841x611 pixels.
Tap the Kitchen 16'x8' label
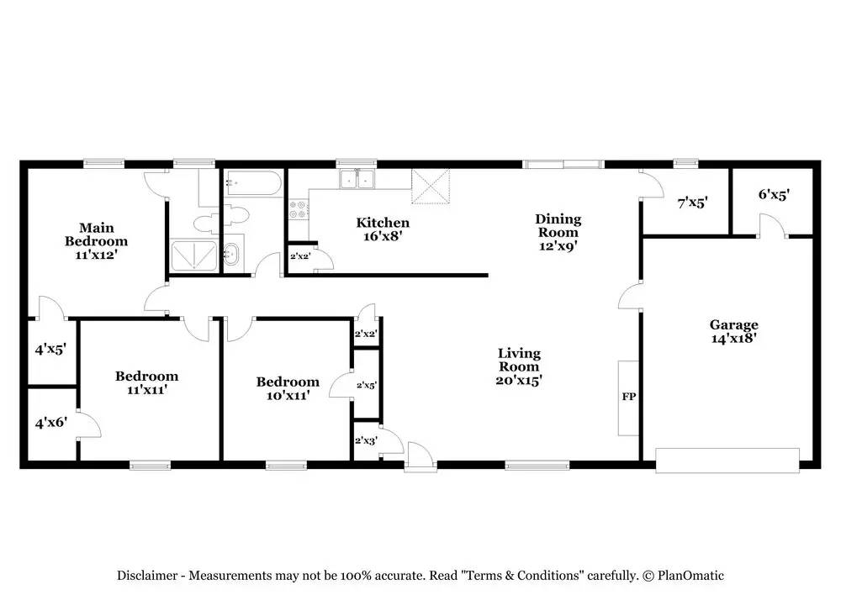coord(383,229)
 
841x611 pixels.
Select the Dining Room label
coord(558,232)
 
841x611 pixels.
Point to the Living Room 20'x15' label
coord(519,366)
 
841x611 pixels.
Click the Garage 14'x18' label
coord(733,331)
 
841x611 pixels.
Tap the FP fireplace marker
coord(628,397)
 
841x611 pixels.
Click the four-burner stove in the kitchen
coord(299,209)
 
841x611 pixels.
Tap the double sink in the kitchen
coord(357,179)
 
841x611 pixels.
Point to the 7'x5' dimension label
coord(693,202)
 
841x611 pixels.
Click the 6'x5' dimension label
coord(773,194)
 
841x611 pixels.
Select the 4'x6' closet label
coord(49,425)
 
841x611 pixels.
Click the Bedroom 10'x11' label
coord(288,388)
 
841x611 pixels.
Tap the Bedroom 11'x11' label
coord(146,382)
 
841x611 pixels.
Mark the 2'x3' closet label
coord(365,440)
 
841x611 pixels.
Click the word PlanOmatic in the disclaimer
coord(690,576)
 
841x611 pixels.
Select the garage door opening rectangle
coord(727,460)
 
